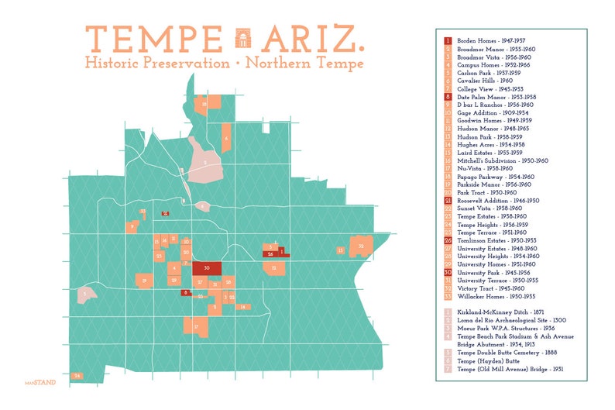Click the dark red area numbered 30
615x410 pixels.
click(207, 268)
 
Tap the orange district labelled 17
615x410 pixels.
click(198, 327)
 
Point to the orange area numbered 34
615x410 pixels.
click(77, 376)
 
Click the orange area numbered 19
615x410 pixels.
click(144, 281)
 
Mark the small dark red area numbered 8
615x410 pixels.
click(186, 292)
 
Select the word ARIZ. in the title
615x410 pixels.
click(311, 39)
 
